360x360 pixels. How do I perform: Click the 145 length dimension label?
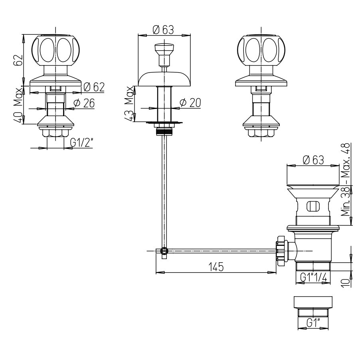coord(216,267)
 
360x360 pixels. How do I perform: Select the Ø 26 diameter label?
coord(84,103)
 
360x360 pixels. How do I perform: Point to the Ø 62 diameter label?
coord(94,87)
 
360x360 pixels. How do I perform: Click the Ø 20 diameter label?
coord(190,103)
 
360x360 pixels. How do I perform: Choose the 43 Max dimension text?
coord(129,103)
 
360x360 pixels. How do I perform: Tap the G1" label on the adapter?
coord(313,324)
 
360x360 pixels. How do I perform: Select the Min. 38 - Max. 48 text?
coord(345,179)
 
